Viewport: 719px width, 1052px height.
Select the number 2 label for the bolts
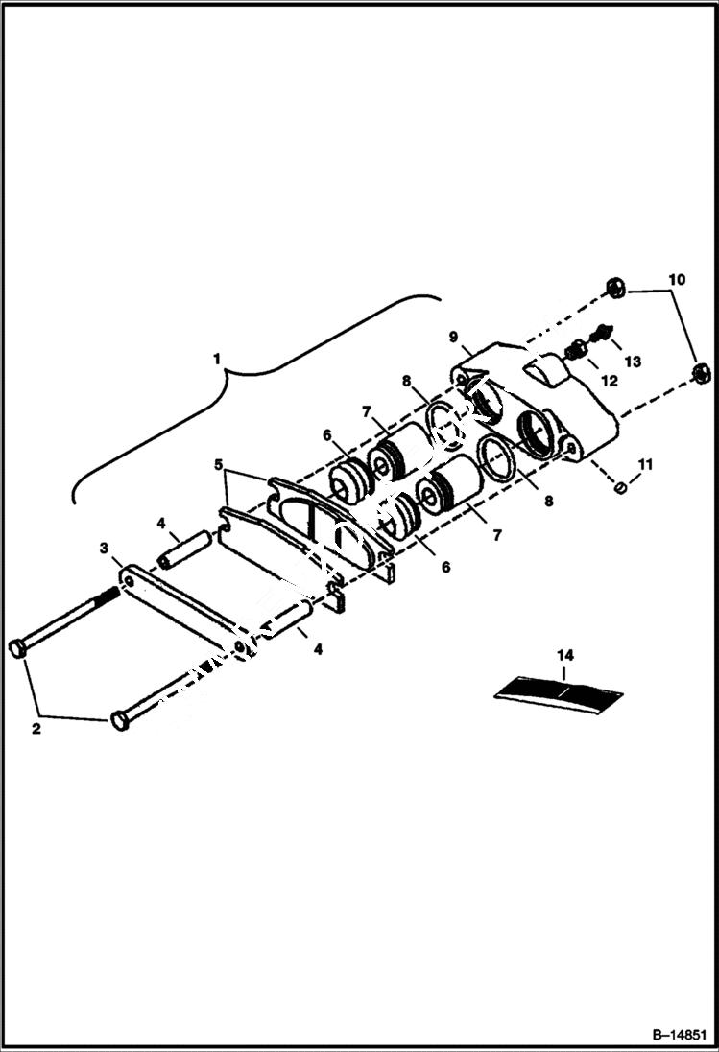36,728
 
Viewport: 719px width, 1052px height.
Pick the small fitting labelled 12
574,351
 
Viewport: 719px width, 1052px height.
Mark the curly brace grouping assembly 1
240,384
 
